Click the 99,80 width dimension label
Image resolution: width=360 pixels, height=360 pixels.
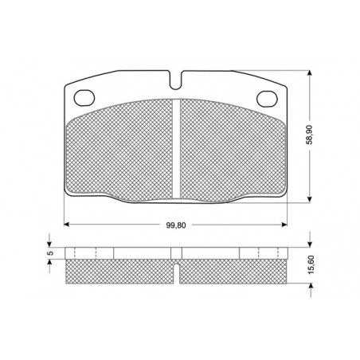pyautogui.click(x=176, y=225)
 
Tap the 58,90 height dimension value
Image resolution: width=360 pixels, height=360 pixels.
pyautogui.click(x=310, y=135)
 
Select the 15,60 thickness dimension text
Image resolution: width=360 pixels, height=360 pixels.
pyautogui.click(x=311, y=264)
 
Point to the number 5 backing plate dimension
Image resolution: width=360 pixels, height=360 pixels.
pyautogui.click(x=51, y=253)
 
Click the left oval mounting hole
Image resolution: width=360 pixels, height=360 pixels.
pyautogui.click(x=84, y=98)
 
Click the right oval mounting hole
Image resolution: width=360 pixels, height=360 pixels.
pyautogui.click(x=267, y=99)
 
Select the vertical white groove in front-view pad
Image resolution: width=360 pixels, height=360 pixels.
pyautogui.click(x=176, y=149)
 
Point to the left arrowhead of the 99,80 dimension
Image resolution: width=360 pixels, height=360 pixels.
pyautogui.click(x=67, y=225)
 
